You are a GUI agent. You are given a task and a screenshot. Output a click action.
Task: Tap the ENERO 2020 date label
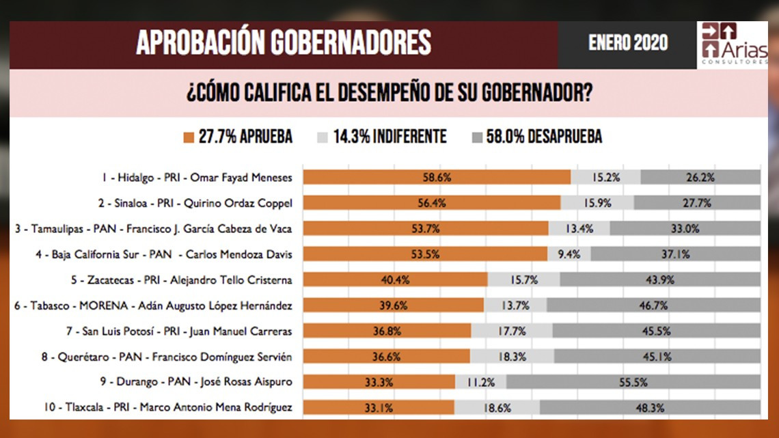coord(627,44)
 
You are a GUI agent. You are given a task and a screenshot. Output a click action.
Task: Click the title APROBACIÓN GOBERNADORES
coord(283,42)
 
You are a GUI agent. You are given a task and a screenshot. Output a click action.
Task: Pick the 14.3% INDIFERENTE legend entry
coord(383,137)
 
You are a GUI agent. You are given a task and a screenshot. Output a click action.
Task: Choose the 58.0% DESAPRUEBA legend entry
coord(537,137)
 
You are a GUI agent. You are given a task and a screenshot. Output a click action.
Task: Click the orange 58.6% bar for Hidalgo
coord(437,177)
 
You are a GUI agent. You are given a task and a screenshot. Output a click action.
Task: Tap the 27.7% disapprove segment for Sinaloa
coord(697,203)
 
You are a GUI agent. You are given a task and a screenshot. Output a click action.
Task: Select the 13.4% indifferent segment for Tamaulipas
coord(579,228)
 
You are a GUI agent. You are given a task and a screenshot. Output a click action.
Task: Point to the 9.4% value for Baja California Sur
coord(569,254)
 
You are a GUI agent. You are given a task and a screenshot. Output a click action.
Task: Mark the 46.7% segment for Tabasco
coord(653,305)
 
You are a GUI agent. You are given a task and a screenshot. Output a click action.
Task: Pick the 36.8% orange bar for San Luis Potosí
coord(387,331)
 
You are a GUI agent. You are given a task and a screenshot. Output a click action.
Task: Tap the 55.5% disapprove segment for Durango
coord(633,383)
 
